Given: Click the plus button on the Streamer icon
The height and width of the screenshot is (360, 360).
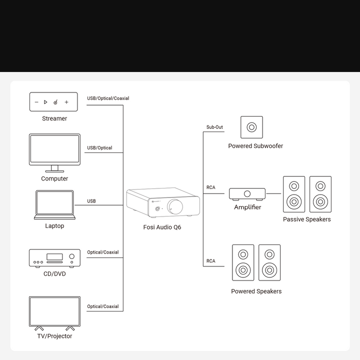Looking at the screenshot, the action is [66, 102].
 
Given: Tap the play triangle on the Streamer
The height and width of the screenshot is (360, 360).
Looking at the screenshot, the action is [45, 102].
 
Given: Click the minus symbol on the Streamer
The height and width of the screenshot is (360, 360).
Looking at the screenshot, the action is [36, 102].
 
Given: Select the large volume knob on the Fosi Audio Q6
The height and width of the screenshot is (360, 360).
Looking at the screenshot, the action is [175, 206].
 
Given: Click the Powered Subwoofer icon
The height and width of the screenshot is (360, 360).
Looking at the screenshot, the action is [251, 127].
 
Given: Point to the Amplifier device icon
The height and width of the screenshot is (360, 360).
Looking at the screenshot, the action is [247, 194].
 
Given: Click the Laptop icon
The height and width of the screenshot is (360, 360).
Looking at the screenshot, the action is [54, 205].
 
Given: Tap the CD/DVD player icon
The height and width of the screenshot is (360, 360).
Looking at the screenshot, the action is [54, 258].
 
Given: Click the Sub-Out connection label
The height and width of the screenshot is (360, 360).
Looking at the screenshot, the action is [214, 127].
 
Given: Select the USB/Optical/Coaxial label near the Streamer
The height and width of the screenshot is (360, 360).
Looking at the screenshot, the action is [108, 98].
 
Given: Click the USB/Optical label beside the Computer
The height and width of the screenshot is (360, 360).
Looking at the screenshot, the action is [99, 148].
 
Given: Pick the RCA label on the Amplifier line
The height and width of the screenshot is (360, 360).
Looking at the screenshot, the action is [211, 187].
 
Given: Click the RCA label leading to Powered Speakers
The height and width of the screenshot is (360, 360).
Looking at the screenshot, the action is [211, 261].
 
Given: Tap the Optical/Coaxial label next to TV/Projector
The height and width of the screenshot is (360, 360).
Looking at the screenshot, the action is [103, 306].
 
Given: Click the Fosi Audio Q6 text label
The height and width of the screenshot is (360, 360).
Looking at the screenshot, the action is [162, 227].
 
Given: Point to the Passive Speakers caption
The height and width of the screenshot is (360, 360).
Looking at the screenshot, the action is [306, 219].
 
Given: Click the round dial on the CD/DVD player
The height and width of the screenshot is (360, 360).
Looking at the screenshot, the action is [72, 256].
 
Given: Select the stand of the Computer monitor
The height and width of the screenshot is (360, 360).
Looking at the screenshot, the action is [54, 169].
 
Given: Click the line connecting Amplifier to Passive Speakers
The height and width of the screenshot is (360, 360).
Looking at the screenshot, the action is [273, 193].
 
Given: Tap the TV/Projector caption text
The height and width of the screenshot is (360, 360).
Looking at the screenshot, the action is [54, 336].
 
